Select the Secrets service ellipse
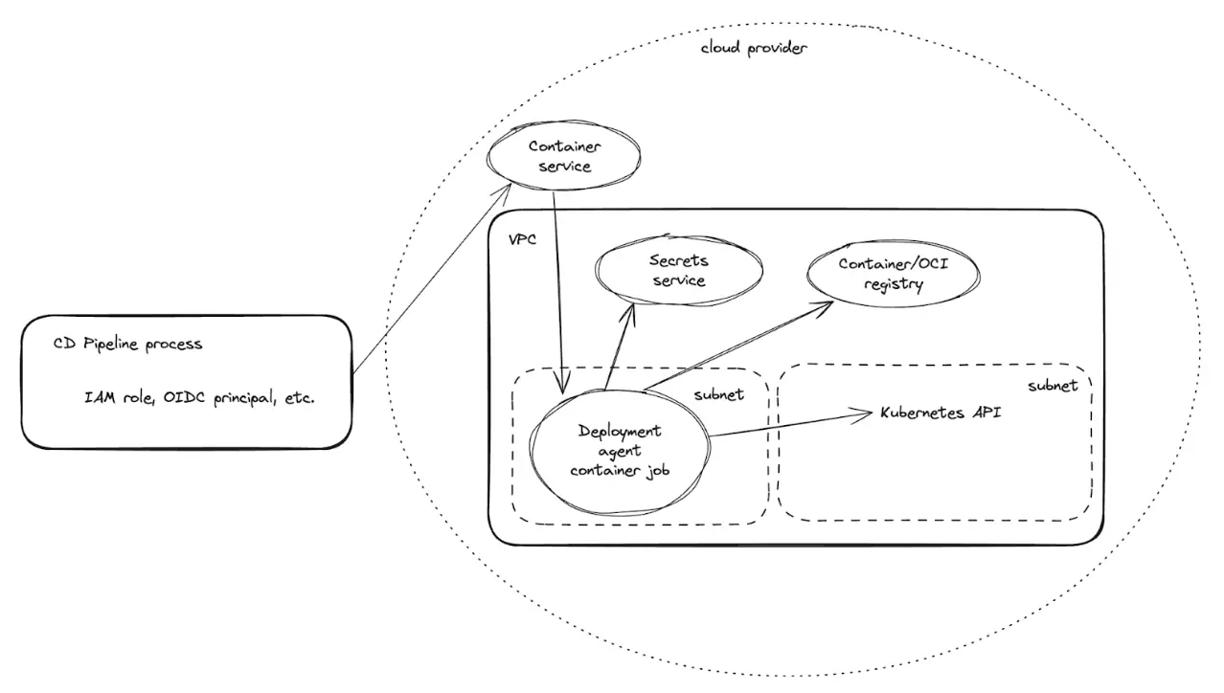679,270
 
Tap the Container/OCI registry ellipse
894,274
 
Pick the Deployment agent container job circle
620,451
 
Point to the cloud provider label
754,47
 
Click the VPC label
523,238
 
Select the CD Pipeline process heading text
127,345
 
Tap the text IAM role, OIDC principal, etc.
199,397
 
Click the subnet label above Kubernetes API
1053,386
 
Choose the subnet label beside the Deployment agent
719,393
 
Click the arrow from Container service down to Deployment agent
558,287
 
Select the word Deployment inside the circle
620,431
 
